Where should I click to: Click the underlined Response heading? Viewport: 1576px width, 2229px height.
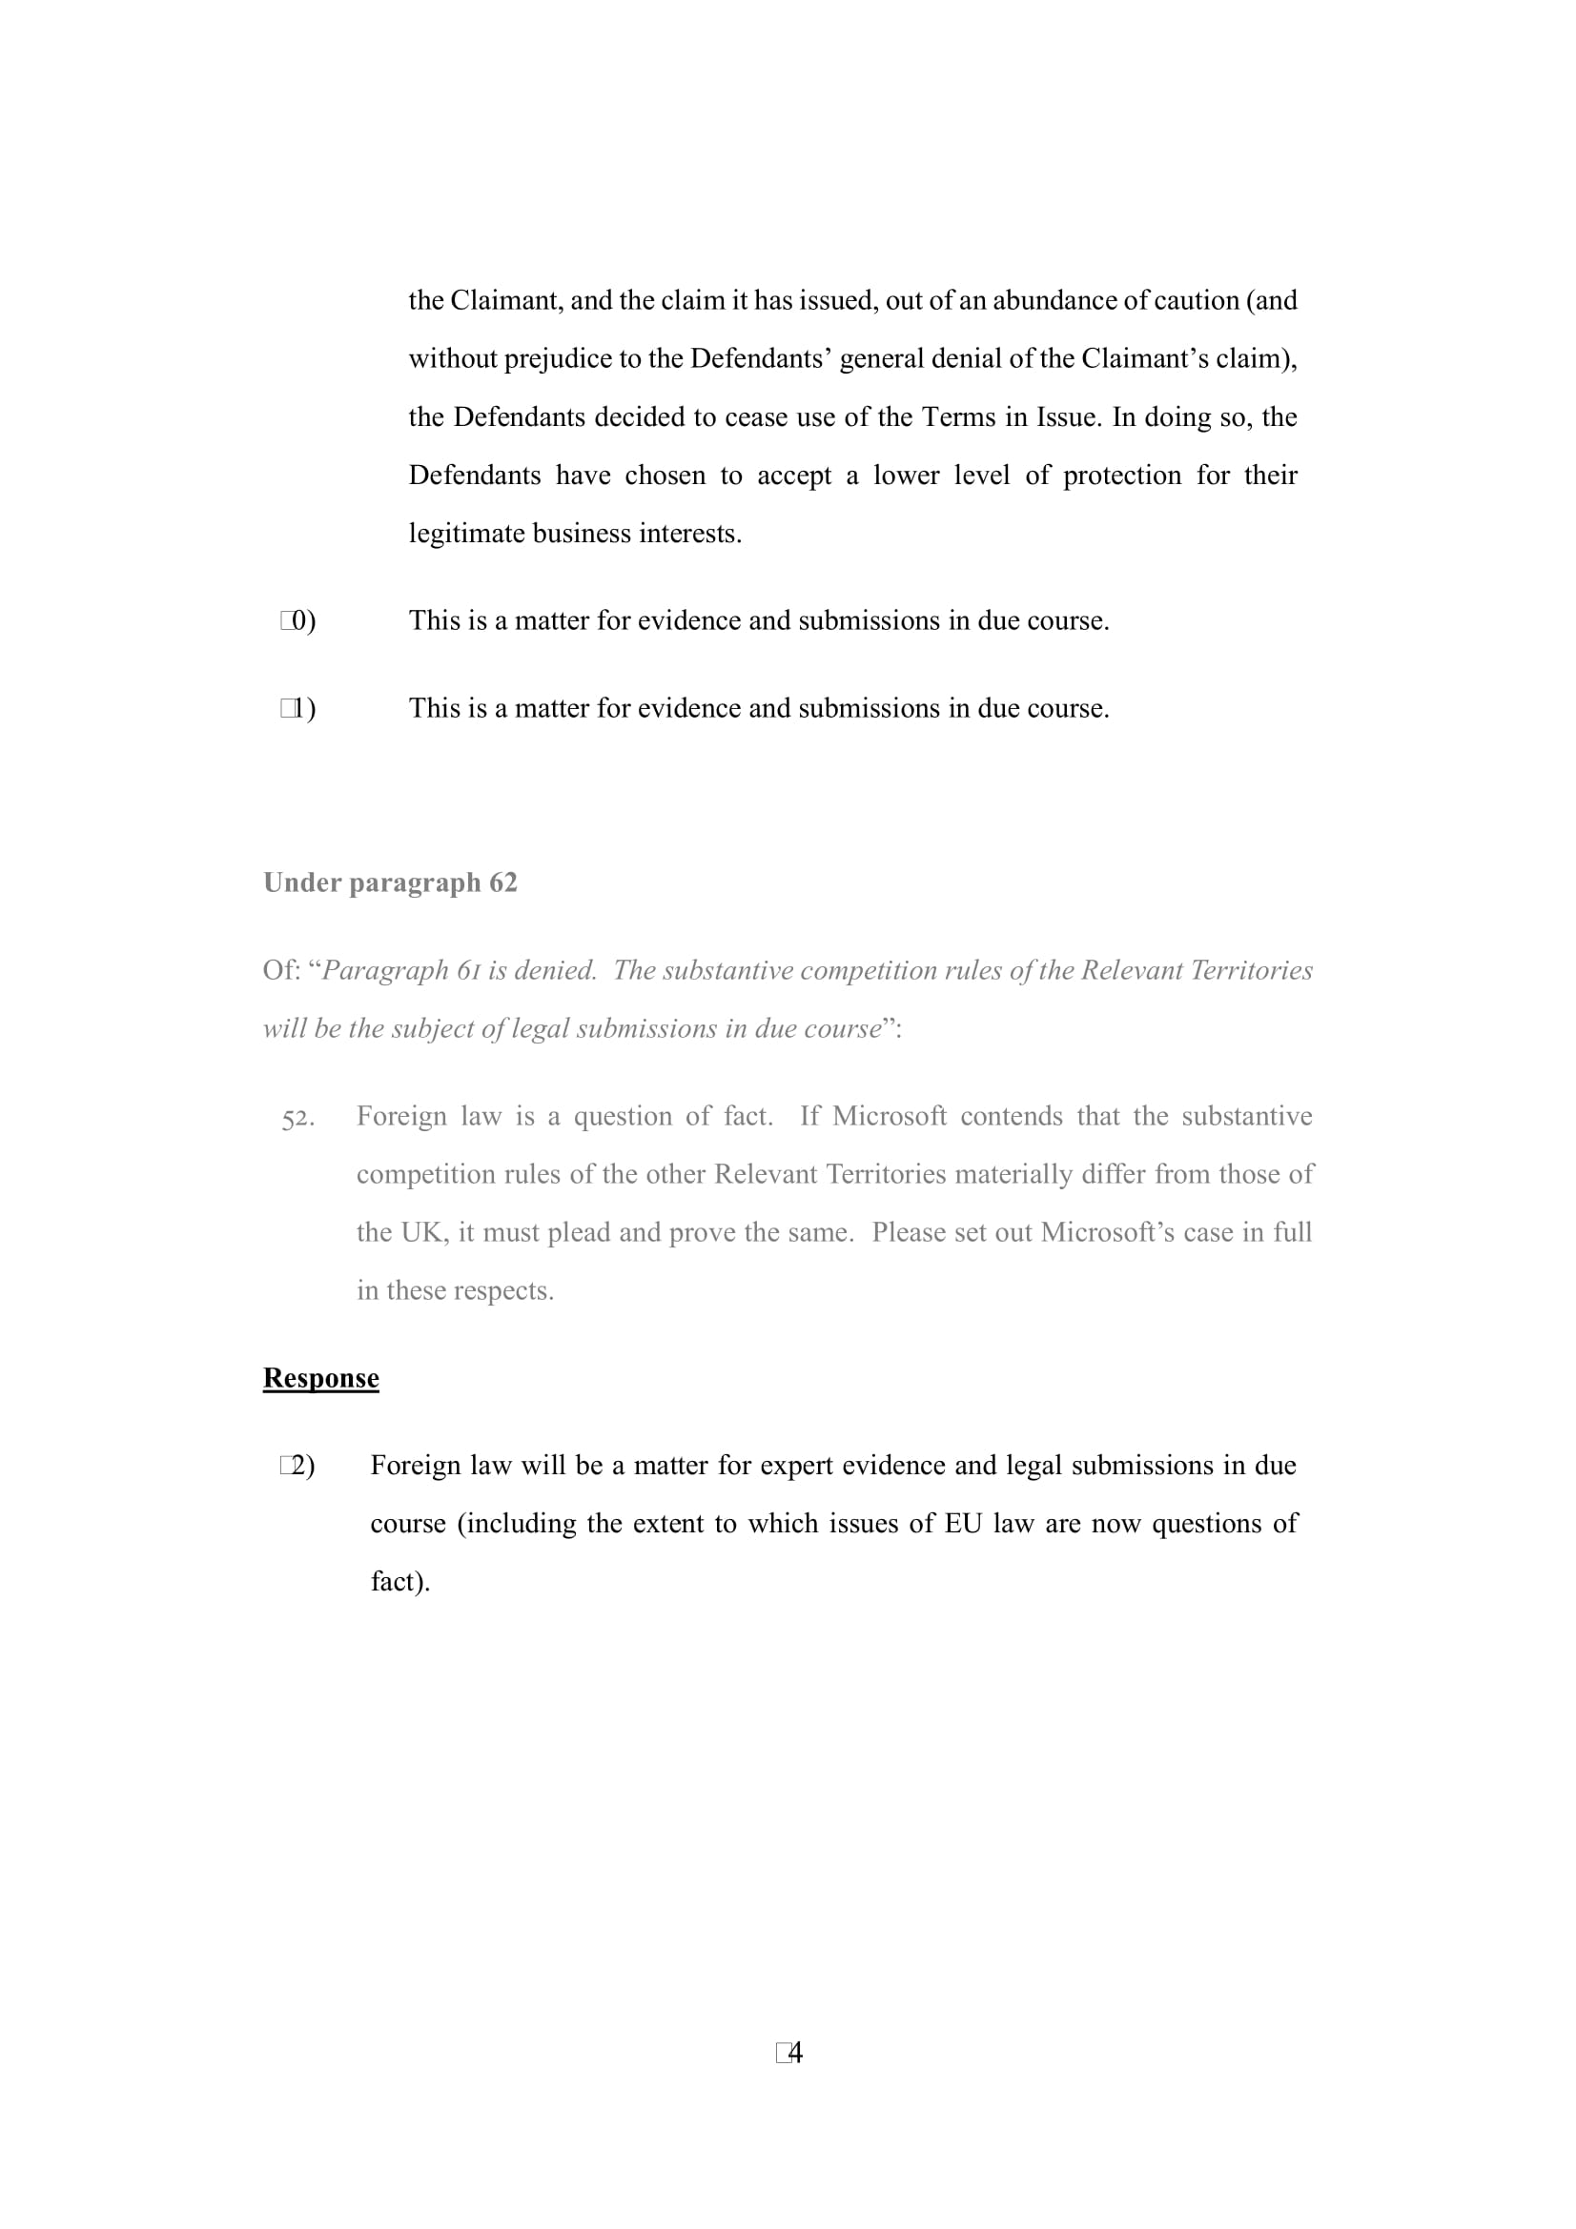[x=320, y=1378]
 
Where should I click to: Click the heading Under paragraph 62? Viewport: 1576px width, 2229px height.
[x=389, y=882]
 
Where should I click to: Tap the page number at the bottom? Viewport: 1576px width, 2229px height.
[x=789, y=2053]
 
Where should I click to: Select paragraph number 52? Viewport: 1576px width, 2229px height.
[x=297, y=1119]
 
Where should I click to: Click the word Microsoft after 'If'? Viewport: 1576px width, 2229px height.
[x=889, y=1116]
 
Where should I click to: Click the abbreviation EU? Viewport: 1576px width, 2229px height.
[x=962, y=1523]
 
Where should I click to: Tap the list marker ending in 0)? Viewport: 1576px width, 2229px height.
[x=298, y=620]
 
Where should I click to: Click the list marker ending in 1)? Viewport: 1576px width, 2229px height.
[x=298, y=708]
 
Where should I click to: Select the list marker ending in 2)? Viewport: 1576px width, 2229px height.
[x=297, y=1465]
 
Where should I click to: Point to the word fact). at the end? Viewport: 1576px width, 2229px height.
[x=400, y=1582]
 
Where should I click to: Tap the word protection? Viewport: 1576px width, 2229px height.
[x=1122, y=475]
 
